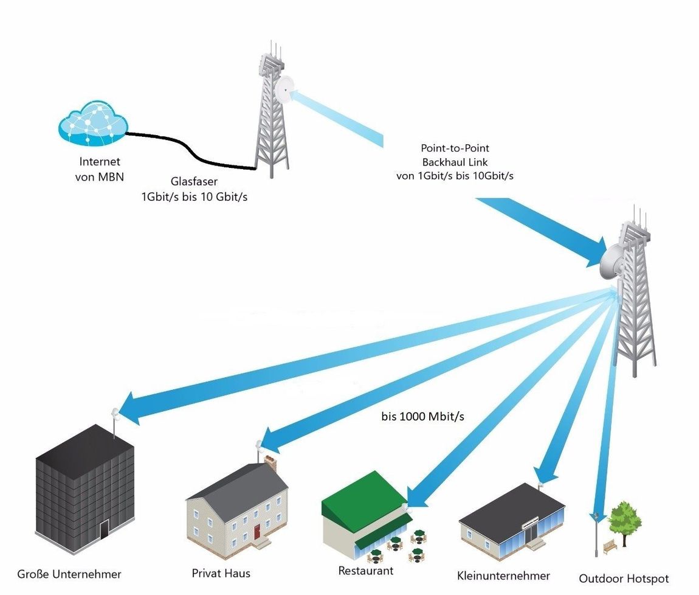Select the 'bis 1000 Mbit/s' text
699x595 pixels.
pos(422,417)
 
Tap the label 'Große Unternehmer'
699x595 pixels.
pos(69,574)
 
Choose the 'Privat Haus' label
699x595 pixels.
pos(221,573)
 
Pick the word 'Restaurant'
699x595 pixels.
pos(365,571)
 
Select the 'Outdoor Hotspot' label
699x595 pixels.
pos(624,578)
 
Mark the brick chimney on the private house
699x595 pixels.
pos(270,464)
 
